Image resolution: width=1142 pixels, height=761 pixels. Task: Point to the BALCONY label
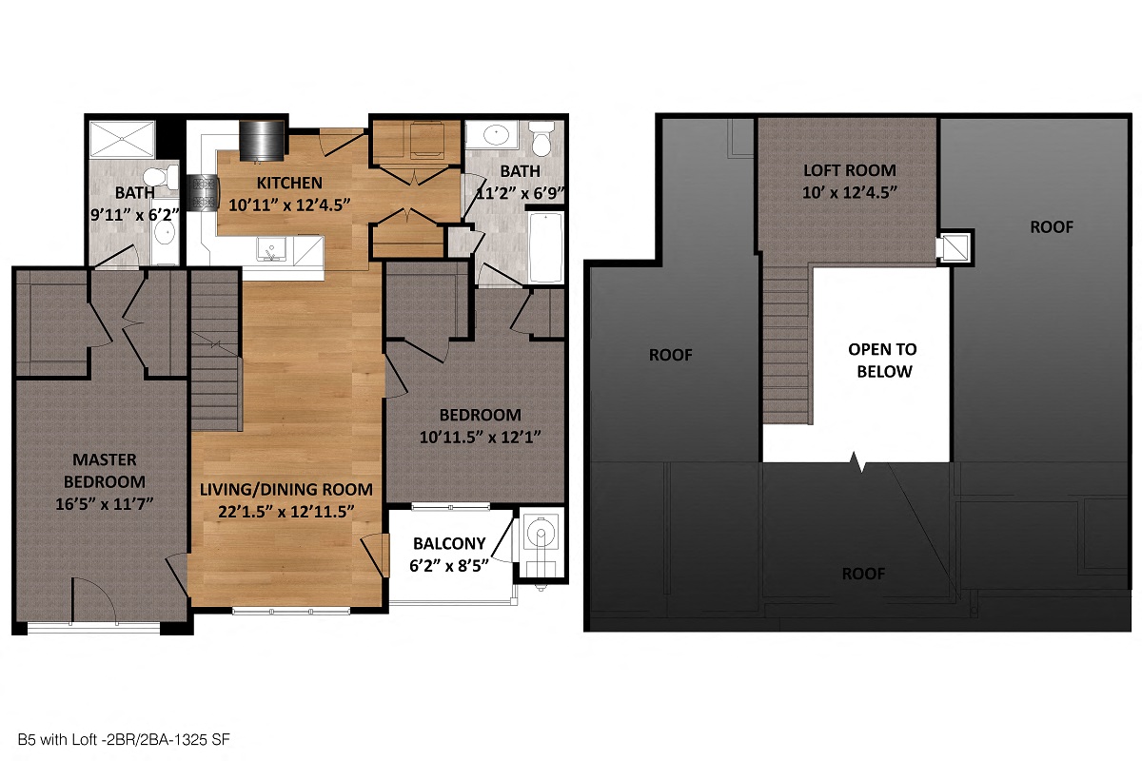pyautogui.click(x=449, y=543)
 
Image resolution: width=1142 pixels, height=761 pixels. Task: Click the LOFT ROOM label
pyautogui.click(x=849, y=171)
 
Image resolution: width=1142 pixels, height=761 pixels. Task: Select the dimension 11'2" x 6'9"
pyautogui.click(x=521, y=191)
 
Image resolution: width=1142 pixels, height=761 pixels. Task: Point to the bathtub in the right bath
pyautogui.click(x=546, y=246)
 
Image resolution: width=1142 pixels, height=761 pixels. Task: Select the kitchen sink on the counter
pyautogui.click(x=272, y=251)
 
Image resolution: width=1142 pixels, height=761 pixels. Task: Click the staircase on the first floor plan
pyautogui.click(x=215, y=352)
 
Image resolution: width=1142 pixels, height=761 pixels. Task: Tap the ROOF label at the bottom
pyautogui.click(x=863, y=574)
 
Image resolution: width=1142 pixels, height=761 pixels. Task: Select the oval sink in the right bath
pyautogui.click(x=496, y=134)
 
